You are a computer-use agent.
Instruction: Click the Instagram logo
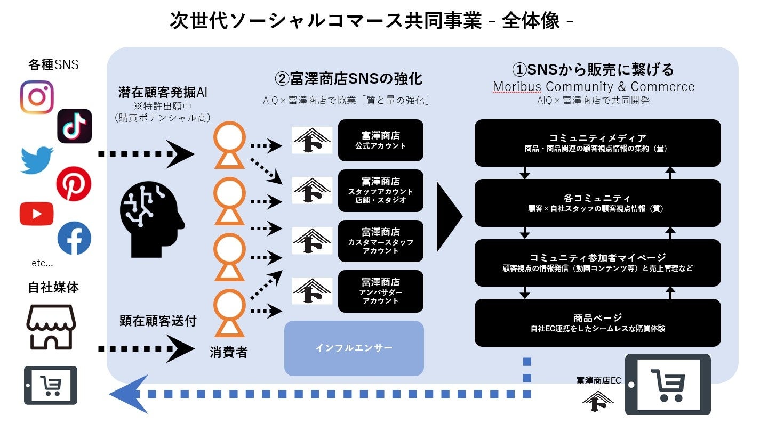coord(37,97)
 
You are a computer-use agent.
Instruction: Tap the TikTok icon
coord(75,126)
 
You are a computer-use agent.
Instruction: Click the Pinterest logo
coord(74,184)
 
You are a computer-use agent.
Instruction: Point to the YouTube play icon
coord(37,214)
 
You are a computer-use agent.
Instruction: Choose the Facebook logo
coord(74,238)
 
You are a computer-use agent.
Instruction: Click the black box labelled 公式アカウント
coord(380,141)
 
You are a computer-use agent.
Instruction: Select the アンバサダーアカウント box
coord(380,291)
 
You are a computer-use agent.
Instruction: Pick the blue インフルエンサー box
coord(354,348)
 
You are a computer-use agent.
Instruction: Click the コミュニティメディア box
coord(597,143)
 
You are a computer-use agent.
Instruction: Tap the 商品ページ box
coord(597,323)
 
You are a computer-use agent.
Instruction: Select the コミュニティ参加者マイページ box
coord(597,263)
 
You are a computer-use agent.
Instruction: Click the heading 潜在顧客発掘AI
coord(163,93)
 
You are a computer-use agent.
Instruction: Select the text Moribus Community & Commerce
coord(594,87)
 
